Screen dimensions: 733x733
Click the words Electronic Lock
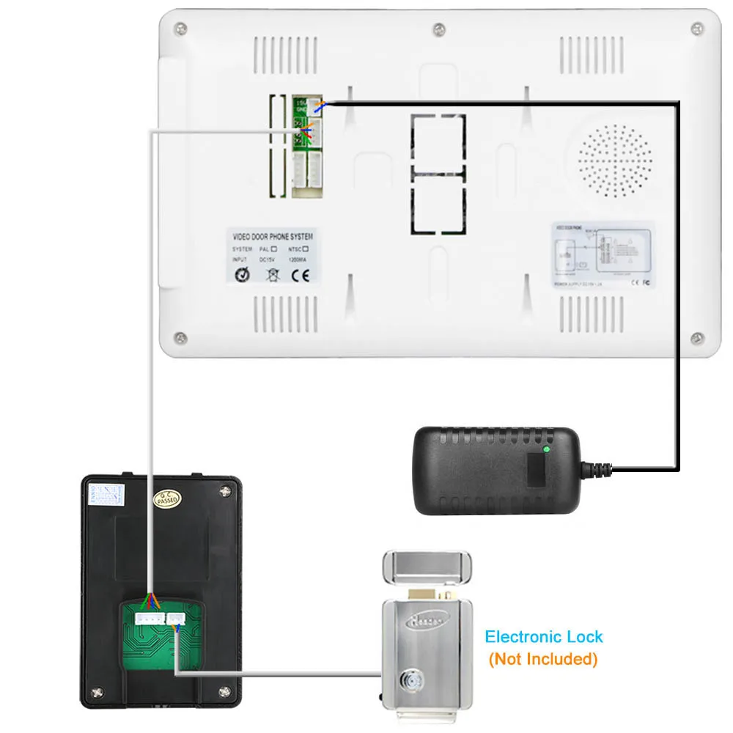544,637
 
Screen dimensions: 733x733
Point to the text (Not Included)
543,659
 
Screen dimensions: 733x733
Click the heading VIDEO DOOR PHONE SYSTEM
272,237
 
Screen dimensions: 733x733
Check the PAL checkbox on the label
273,249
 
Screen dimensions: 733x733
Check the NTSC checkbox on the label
315,249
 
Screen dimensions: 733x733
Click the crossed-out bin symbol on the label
272,276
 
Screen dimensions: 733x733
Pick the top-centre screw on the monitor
438,29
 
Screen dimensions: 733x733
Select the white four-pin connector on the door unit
149,618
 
